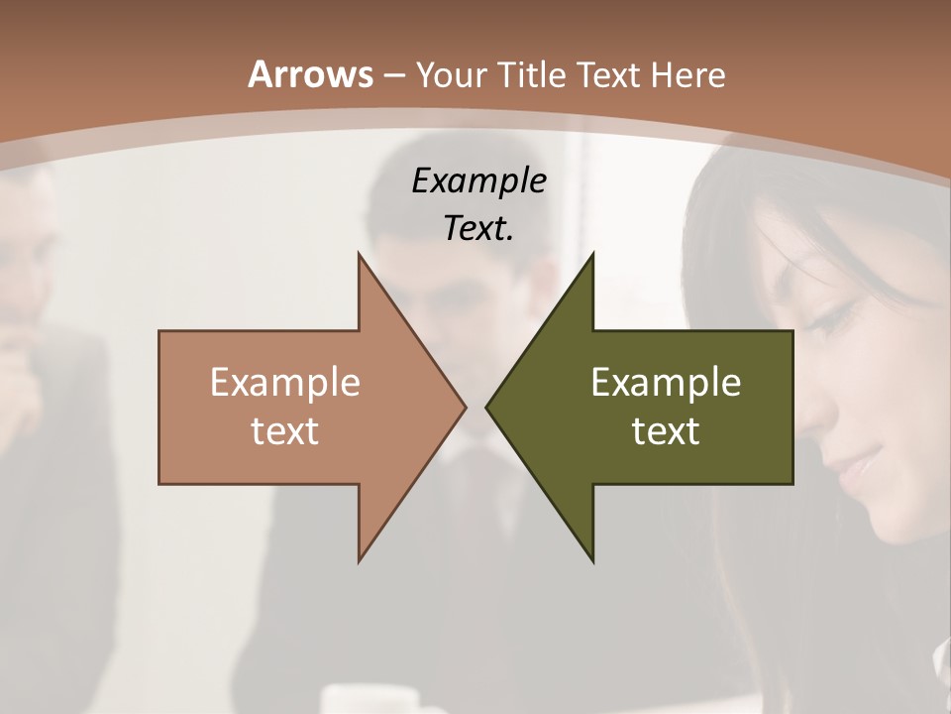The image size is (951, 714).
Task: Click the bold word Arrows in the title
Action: [x=310, y=74]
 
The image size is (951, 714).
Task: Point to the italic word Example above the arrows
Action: [x=478, y=180]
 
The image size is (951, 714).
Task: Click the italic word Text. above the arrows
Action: [x=478, y=228]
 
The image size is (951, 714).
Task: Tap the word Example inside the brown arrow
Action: [x=285, y=383]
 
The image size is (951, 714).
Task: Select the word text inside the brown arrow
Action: [x=285, y=430]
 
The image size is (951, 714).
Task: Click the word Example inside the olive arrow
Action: [x=666, y=383]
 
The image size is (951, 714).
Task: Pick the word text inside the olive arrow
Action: [x=666, y=430]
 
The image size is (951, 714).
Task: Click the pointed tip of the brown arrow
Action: [x=464, y=407]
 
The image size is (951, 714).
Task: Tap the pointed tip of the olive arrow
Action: [x=487, y=407]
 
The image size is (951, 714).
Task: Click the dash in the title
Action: [x=393, y=75]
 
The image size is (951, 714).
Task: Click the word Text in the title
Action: [x=608, y=75]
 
